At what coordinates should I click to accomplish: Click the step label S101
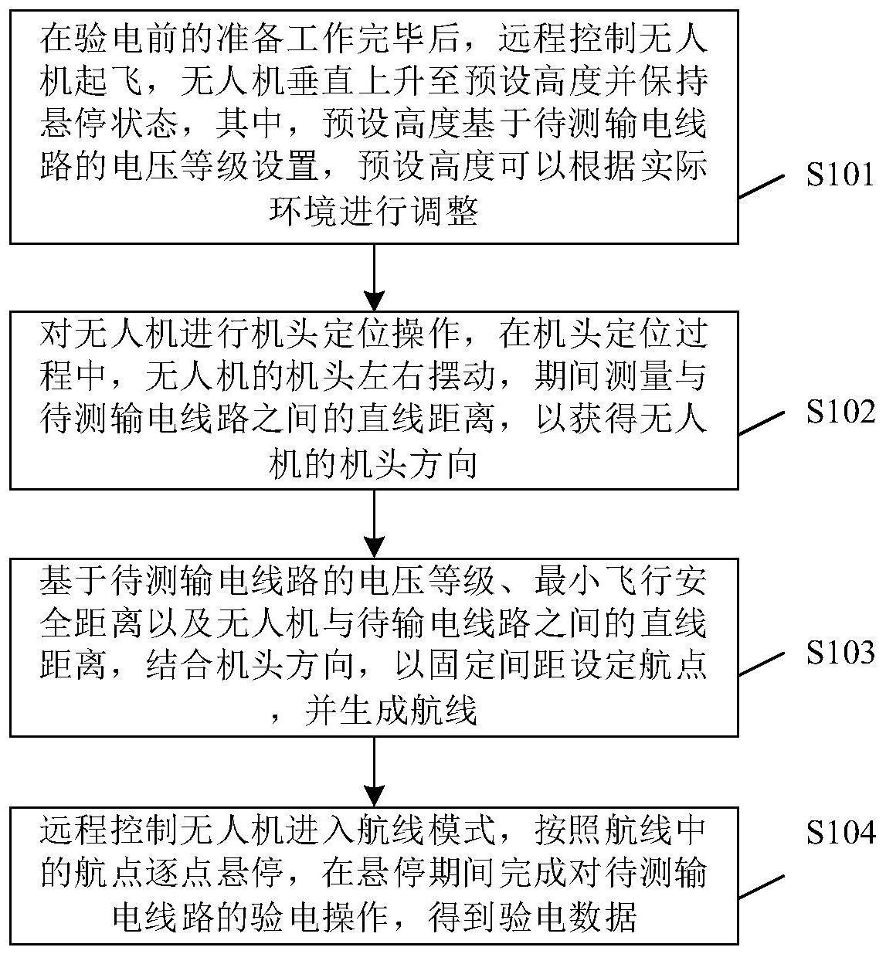point(840,175)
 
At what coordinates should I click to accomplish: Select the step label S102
point(840,412)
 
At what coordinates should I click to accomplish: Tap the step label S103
point(840,652)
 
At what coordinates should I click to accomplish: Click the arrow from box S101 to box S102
point(374,277)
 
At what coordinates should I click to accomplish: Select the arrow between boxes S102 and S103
point(374,524)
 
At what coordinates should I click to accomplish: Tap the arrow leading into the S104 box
point(374,772)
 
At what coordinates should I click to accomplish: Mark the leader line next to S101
point(762,186)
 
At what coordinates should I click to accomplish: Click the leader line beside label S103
point(762,664)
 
